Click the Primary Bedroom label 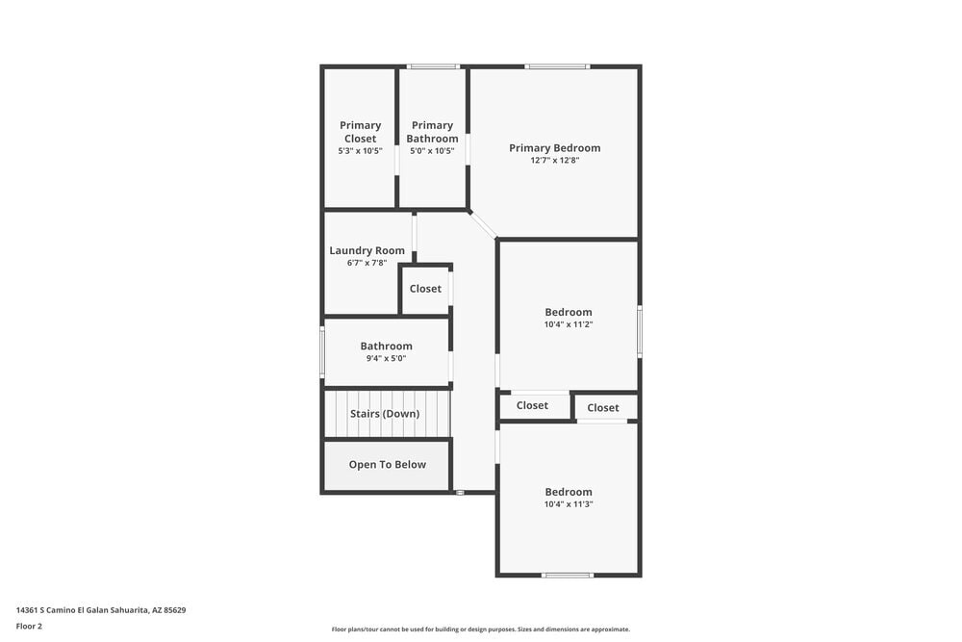[554, 148]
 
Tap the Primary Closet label [361, 131]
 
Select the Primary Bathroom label [432, 131]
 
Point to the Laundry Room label [367, 250]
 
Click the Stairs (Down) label [385, 414]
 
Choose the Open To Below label [387, 465]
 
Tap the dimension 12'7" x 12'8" [554, 161]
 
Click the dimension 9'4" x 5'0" [386, 358]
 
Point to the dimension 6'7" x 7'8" [367, 263]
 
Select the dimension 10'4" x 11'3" [568, 504]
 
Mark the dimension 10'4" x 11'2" [568, 324]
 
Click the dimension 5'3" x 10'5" [361, 151]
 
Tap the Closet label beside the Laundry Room [425, 289]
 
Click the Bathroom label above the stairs [386, 346]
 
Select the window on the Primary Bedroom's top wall [557, 66]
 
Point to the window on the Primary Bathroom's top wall [432, 66]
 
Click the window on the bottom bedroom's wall [568, 575]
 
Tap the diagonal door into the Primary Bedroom [483, 224]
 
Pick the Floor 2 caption [29, 626]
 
